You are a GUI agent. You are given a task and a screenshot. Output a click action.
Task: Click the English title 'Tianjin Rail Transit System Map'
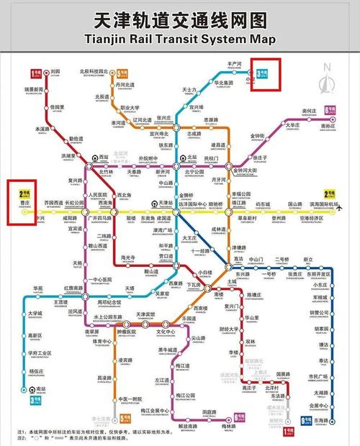coord(180,39)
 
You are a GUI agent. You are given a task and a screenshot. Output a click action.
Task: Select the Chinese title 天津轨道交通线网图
coord(180,18)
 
